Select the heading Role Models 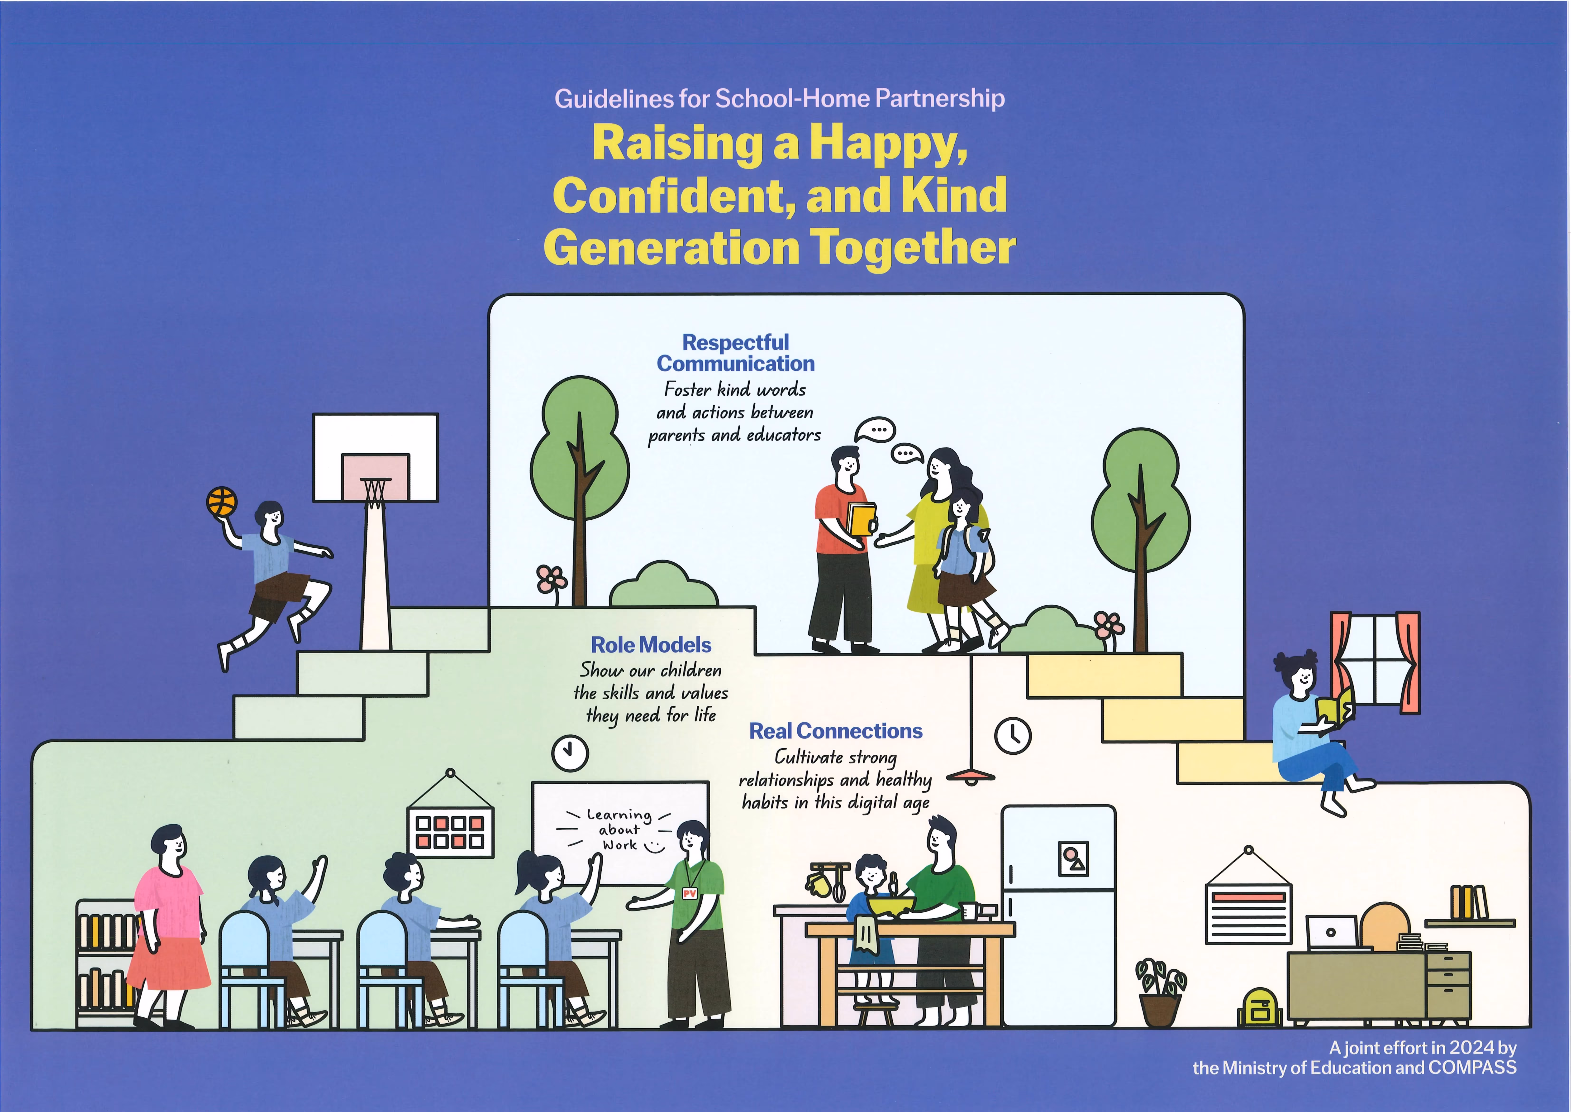(651, 645)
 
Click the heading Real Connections (836, 731)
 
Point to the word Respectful (736, 342)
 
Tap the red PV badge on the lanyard (689, 894)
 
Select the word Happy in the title (889, 144)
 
